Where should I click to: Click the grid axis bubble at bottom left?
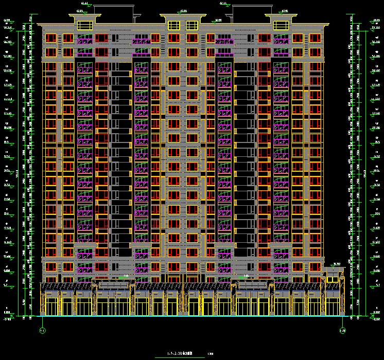coord(42,330)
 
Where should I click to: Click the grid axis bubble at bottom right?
coord(342,330)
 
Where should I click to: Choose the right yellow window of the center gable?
coord(192,26)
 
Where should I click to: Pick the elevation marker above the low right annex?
coord(337,264)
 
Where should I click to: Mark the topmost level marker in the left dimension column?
coord(8,21)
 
